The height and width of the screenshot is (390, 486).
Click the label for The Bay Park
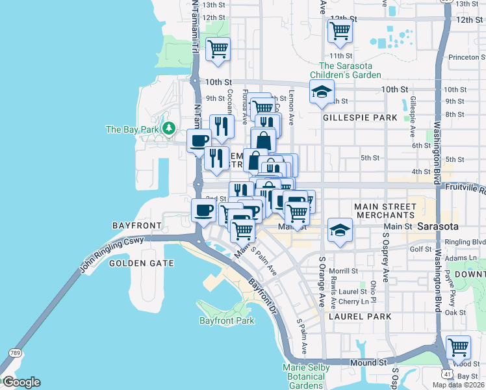[x=134, y=129]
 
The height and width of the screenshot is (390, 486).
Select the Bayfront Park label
[x=227, y=320]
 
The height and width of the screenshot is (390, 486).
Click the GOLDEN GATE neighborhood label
[x=142, y=263]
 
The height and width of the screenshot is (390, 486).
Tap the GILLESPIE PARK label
[x=360, y=118]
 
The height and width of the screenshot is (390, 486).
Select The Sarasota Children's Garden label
[x=350, y=70]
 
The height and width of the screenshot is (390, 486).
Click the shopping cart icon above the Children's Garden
[x=340, y=31]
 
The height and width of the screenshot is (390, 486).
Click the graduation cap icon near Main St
[x=339, y=229]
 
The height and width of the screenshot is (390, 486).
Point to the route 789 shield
[x=14, y=352]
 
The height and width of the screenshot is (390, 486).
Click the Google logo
[x=21, y=382]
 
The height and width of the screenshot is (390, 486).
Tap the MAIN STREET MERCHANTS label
[x=384, y=210]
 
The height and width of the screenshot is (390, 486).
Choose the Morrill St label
[x=344, y=270]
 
